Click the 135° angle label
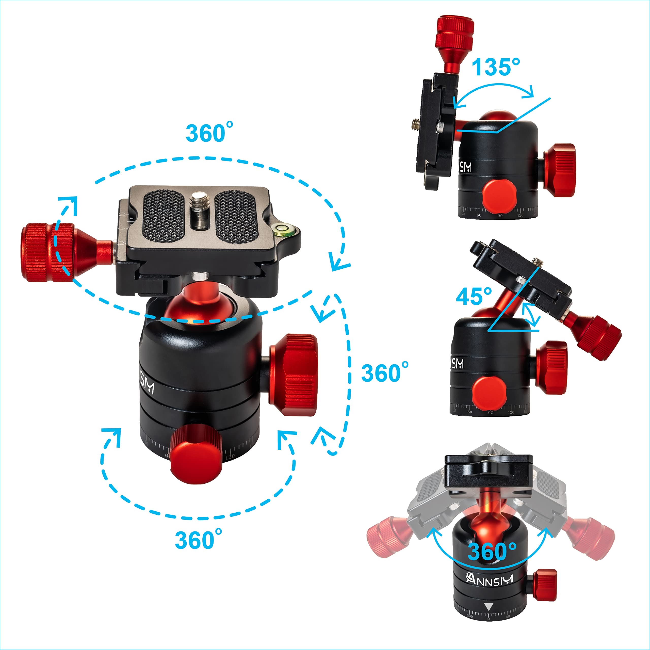click(x=496, y=67)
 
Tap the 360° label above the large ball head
click(x=209, y=133)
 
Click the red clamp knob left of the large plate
click(x=47, y=252)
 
